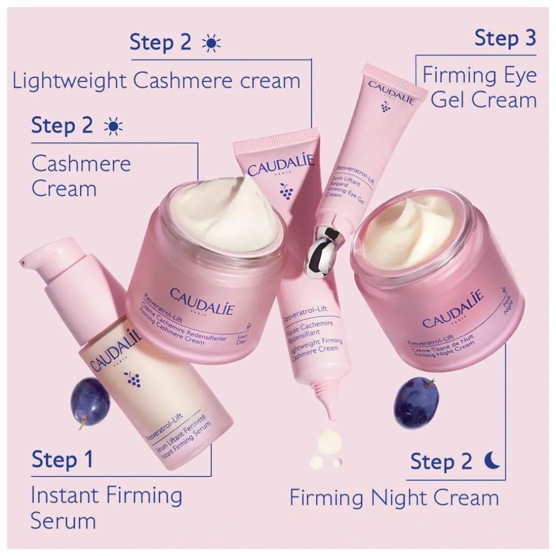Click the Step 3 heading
(505, 38)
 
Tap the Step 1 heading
(62, 460)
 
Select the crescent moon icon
(492, 460)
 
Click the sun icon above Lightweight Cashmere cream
(211, 43)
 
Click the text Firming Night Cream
(394, 498)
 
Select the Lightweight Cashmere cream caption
(156, 81)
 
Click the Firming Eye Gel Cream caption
(480, 87)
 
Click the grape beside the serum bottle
(90, 401)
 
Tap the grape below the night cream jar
(416, 402)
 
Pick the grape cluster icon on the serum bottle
(132, 379)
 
